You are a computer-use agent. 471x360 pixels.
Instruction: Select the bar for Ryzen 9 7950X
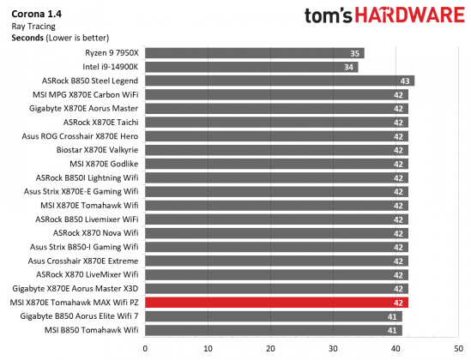[254, 53]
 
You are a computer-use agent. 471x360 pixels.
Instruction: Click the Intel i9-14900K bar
[251, 67]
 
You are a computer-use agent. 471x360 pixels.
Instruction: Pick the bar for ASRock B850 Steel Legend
[280, 81]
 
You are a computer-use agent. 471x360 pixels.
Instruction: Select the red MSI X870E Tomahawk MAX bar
[276, 303]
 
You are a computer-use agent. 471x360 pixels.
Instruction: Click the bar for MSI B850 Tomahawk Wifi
[273, 330]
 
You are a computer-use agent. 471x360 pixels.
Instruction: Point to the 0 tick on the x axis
[145, 348]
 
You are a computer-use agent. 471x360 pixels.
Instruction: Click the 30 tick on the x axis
[334, 348]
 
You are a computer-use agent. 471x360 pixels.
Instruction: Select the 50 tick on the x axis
[459, 348]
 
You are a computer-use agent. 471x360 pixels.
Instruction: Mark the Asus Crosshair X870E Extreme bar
[276, 261]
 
